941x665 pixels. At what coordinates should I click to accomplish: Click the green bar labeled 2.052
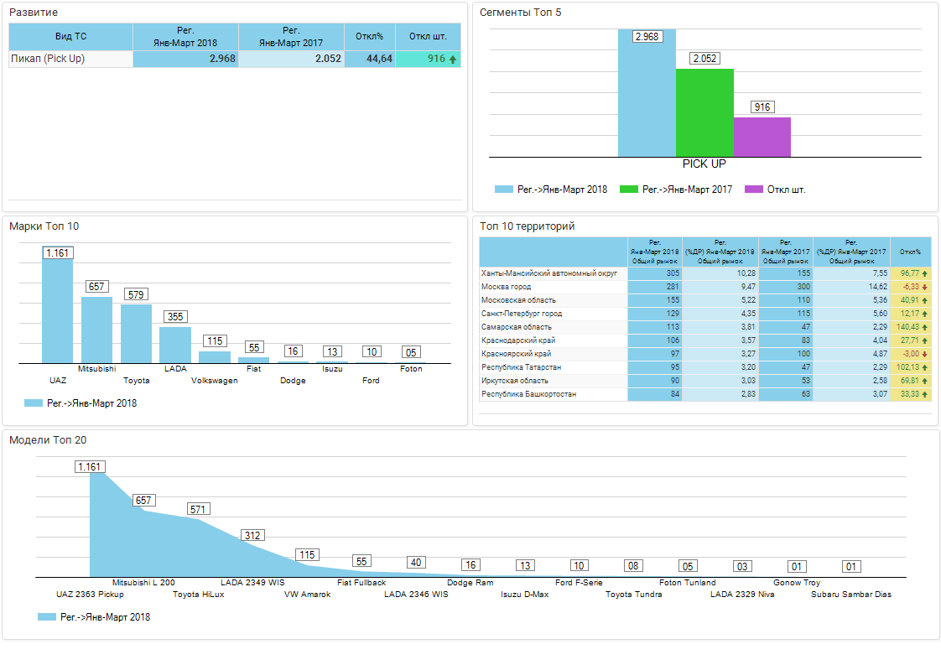point(704,112)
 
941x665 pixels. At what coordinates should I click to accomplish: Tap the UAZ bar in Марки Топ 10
point(58,310)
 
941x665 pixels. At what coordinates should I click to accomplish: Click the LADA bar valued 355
point(175,345)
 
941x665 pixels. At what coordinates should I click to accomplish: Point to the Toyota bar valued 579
point(136,334)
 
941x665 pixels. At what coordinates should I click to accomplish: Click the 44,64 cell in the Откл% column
point(369,60)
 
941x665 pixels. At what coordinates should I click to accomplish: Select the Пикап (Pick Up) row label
point(48,60)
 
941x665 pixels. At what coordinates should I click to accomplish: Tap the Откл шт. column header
point(427,37)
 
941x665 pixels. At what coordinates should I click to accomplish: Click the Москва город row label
point(507,287)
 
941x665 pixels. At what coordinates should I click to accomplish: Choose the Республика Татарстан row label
point(521,367)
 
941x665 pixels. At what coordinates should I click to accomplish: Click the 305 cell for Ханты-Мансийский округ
point(654,273)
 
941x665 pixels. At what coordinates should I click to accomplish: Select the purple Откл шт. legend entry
point(774,190)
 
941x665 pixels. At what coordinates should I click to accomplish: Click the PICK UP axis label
point(704,164)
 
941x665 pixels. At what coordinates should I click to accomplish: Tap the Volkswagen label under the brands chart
point(215,381)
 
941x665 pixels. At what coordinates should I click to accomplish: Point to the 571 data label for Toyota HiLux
point(199,509)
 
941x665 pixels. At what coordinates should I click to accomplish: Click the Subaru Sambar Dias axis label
point(850,595)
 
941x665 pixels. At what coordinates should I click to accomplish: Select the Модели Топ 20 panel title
point(48,440)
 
